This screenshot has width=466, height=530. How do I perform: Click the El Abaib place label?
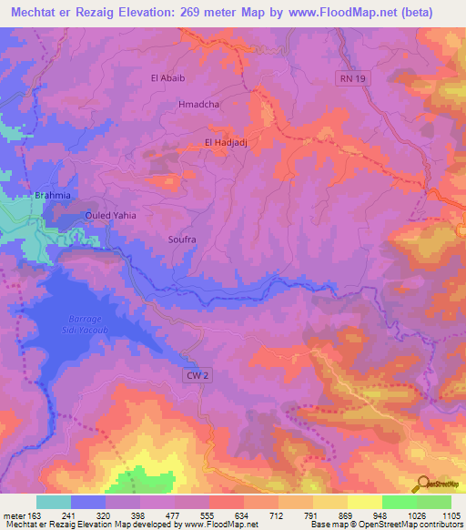pyautogui.click(x=167, y=78)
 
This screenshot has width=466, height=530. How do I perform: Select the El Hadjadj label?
pyautogui.click(x=227, y=142)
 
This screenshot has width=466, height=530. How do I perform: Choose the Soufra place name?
pyautogui.click(x=182, y=240)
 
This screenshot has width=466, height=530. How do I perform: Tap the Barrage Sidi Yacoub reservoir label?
pyautogui.click(x=89, y=323)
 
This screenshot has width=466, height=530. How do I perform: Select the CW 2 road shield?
pyautogui.click(x=212, y=375)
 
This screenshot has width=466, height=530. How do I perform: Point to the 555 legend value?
pyautogui.click(x=223, y=515)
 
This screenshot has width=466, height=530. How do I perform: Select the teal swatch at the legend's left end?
pyautogui.click(x=54, y=502)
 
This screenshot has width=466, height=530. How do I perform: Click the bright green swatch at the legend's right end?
pyautogui.click(x=433, y=502)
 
